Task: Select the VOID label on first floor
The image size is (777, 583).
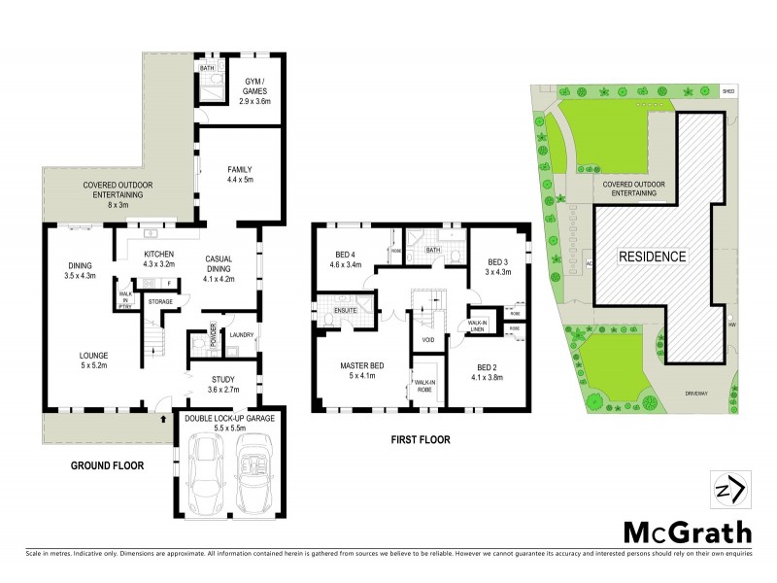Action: pos(427,340)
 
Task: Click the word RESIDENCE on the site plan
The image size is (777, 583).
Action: pos(653,257)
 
